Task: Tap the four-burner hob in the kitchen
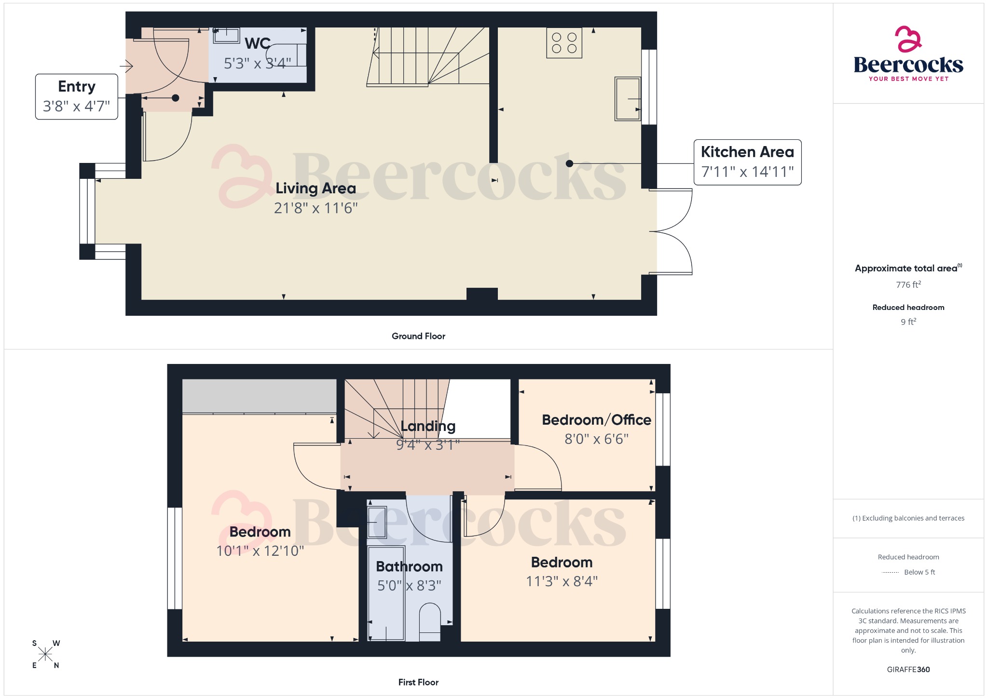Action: pos(564,43)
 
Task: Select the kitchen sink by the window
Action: pos(628,98)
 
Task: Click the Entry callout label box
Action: pos(76,96)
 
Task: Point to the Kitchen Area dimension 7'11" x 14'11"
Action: pos(747,172)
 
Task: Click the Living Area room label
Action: pos(316,188)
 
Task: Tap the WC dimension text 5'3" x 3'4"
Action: pos(257,63)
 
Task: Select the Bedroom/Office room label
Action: pos(596,420)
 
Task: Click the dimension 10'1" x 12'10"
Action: pos(260,551)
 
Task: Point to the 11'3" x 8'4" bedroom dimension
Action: pos(562,581)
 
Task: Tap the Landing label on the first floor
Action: pos(428,426)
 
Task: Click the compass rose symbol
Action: pos(45,654)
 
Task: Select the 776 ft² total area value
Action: pos(908,285)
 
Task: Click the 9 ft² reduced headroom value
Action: pos(908,322)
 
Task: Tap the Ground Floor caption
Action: pos(418,336)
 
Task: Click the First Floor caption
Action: pos(418,682)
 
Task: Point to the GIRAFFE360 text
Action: pos(908,669)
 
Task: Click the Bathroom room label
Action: pos(409,566)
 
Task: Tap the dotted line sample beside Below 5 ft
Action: pos(890,573)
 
